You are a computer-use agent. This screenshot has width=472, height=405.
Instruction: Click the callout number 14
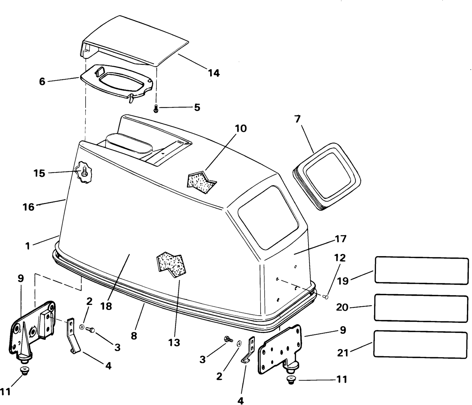pyautogui.click(x=214, y=73)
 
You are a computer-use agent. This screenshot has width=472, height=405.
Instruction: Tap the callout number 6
pyautogui.click(x=42, y=82)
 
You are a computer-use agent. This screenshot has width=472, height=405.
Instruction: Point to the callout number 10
pyautogui.click(x=241, y=129)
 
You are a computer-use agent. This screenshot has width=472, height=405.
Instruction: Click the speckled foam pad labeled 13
pyautogui.click(x=171, y=265)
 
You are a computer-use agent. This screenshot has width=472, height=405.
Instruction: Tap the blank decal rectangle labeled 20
pyautogui.click(x=421, y=308)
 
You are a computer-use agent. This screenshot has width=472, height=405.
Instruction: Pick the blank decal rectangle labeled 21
pyautogui.click(x=420, y=345)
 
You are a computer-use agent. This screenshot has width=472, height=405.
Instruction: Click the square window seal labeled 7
pyautogui.click(x=327, y=176)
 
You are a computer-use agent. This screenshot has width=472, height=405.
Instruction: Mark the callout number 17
pyautogui.click(x=341, y=239)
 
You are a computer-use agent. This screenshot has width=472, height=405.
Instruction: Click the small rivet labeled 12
pyautogui.click(x=326, y=297)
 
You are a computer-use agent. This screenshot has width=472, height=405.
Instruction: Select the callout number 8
pyautogui.click(x=134, y=336)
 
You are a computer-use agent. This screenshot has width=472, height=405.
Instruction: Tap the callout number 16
pyautogui.click(x=29, y=207)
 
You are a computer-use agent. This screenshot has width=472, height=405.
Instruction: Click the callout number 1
pyautogui.click(x=28, y=246)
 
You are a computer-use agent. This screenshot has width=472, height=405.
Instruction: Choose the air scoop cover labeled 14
pyautogui.click(x=135, y=41)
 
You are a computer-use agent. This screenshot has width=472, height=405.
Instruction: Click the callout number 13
pyautogui.click(x=174, y=343)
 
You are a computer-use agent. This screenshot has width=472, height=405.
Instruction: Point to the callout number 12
pyautogui.click(x=340, y=258)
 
